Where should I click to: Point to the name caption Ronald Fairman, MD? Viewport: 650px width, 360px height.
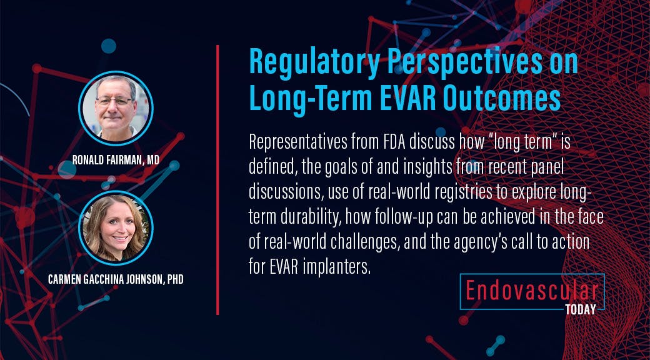click(x=116, y=161)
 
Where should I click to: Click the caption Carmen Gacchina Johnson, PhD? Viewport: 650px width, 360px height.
click(x=116, y=279)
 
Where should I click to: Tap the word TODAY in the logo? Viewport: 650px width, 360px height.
click(x=580, y=308)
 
